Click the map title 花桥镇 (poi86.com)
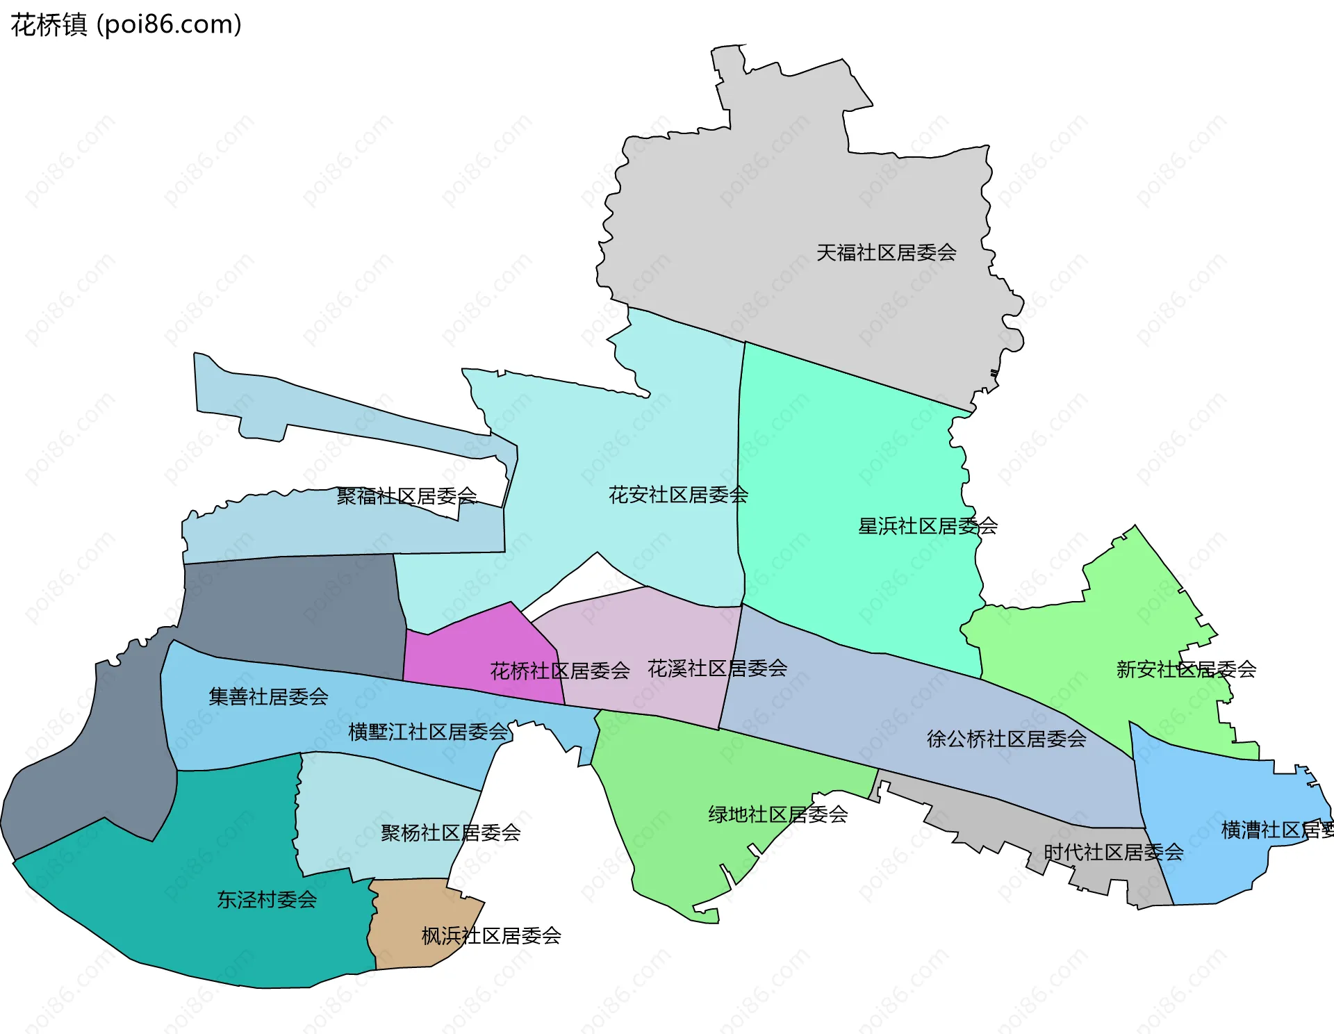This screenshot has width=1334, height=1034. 126,25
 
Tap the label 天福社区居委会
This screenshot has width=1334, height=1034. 886,252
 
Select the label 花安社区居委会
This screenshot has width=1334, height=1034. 678,495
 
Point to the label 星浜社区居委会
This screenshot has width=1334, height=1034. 928,526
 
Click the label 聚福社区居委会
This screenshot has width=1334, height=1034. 406,496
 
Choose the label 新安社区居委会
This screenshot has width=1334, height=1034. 1185,669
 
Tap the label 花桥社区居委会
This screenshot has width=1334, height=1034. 560,671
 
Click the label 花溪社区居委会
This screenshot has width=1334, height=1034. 717,668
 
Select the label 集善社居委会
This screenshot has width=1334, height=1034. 268,696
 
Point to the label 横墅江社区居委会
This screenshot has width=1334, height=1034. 428,732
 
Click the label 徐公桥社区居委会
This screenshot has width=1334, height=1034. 1006,739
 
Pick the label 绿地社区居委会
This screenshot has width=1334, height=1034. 777,814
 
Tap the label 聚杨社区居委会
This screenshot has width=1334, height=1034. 450,832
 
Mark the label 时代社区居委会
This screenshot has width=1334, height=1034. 1113,852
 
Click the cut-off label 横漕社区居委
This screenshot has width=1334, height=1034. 1277,830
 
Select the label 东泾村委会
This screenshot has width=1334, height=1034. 267,900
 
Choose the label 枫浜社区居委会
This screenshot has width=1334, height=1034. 491,936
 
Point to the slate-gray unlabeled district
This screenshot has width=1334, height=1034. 292,612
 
